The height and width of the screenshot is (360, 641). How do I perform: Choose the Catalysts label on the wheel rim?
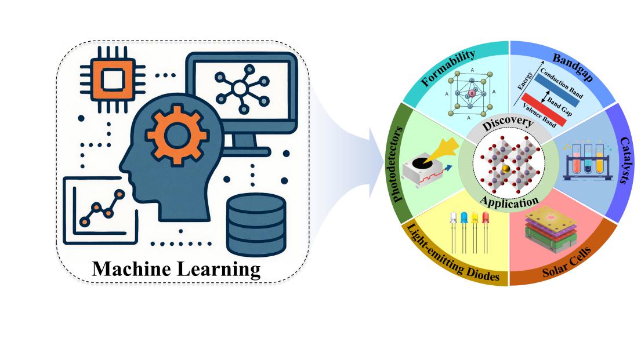(x=625, y=161)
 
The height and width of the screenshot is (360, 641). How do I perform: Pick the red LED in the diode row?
(x=484, y=219)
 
